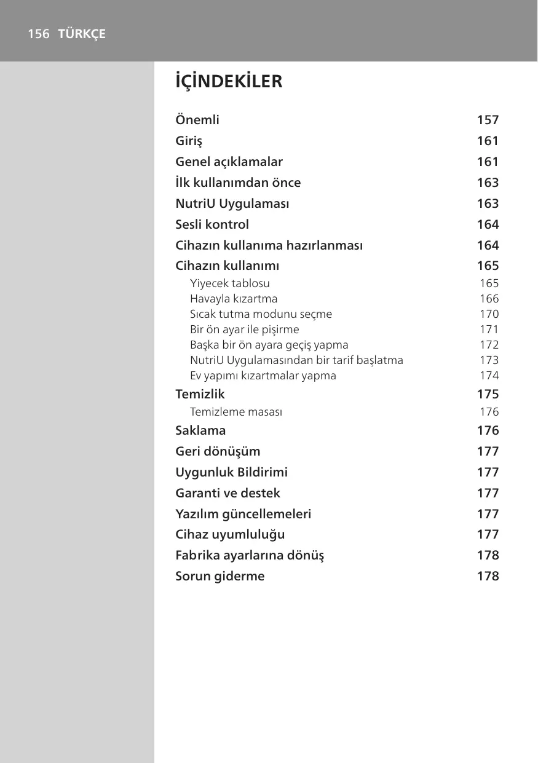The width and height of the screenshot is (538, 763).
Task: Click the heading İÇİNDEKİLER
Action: pyautogui.click(x=229, y=82)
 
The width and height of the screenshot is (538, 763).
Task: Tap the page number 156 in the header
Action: pyautogui.click(x=38, y=34)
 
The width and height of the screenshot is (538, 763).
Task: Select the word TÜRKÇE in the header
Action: pyautogui.click(x=82, y=34)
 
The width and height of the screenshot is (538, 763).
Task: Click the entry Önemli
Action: pyautogui.click(x=197, y=120)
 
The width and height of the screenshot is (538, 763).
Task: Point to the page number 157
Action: pyautogui.click(x=488, y=120)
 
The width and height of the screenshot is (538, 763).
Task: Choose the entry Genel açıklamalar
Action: pyautogui.click(x=229, y=162)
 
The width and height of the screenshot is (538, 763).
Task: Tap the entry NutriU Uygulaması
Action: pyautogui.click(x=232, y=204)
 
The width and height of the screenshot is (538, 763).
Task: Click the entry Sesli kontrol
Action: pyautogui.click(x=212, y=224)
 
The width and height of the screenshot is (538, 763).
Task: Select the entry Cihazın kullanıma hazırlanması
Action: pyautogui.click(x=269, y=245)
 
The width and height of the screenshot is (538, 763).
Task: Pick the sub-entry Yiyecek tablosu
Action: pyautogui.click(x=229, y=283)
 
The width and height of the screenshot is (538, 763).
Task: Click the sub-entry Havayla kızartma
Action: pyautogui.click(x=234, y=299)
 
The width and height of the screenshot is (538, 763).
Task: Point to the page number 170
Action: pyautogui.click(x=489, y=314)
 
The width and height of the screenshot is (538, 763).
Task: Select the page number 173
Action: pyautogui.click(x=489, y=360)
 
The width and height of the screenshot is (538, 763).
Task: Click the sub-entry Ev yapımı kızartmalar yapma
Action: pyautogui.click(x=263, y=376)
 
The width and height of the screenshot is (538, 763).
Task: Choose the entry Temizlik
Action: pyautogui.click(x=200, y=394)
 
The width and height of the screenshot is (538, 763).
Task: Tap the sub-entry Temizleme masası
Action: pyautogui.click(x=236, y=412)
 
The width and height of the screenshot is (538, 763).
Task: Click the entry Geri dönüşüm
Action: pyautogui.click(x=218, y=451)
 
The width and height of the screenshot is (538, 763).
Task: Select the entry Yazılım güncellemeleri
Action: pyautogui.click(x=243, y=514)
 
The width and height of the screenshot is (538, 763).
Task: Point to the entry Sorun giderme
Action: pyautogui.click(x=220, y=577)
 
